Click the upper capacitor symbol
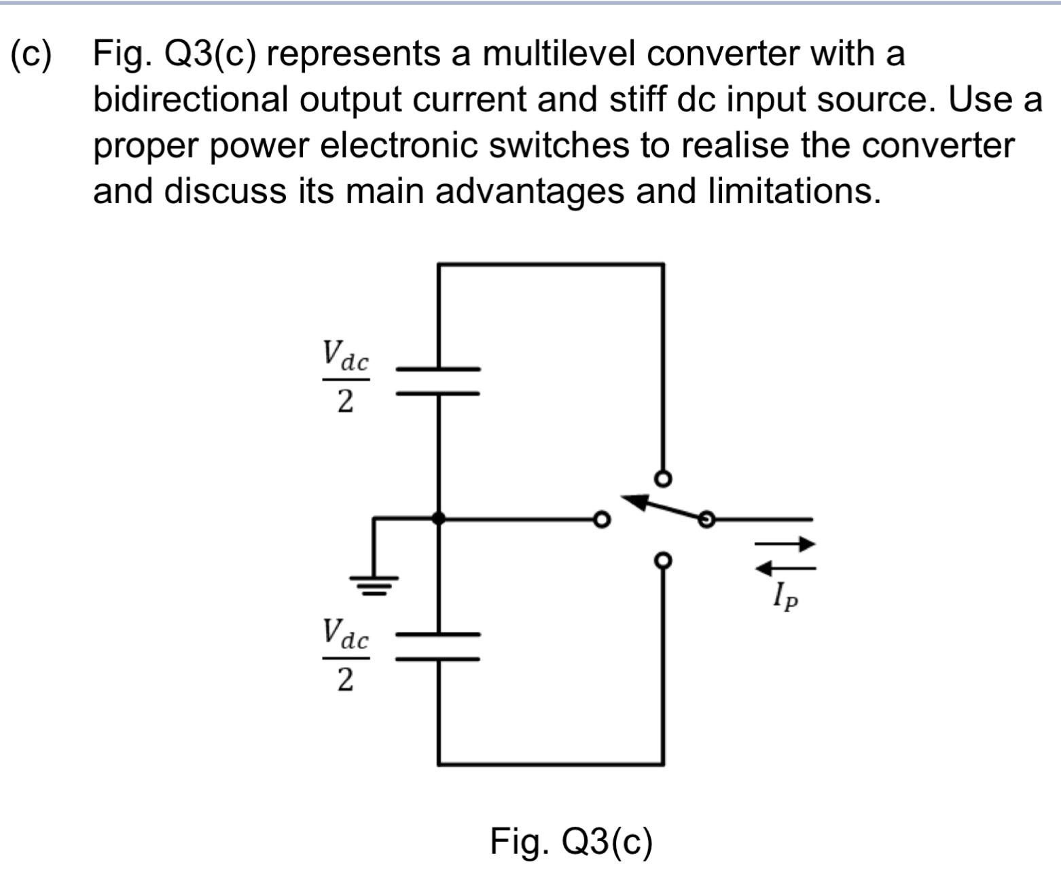(x=438, y=381)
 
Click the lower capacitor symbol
(x=438, y=647)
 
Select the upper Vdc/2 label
(x=345, y=378)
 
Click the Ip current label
(x=785, y=597)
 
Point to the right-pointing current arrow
(x=785, y=543)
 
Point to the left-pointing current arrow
(x=785, y=567)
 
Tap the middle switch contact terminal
(x=600, y=520)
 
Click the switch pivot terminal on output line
(x=706, y=520)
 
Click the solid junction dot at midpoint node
(x=439, y=518)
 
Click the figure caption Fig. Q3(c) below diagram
(x=571, y=842)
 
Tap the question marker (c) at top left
(x=31, y=54)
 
